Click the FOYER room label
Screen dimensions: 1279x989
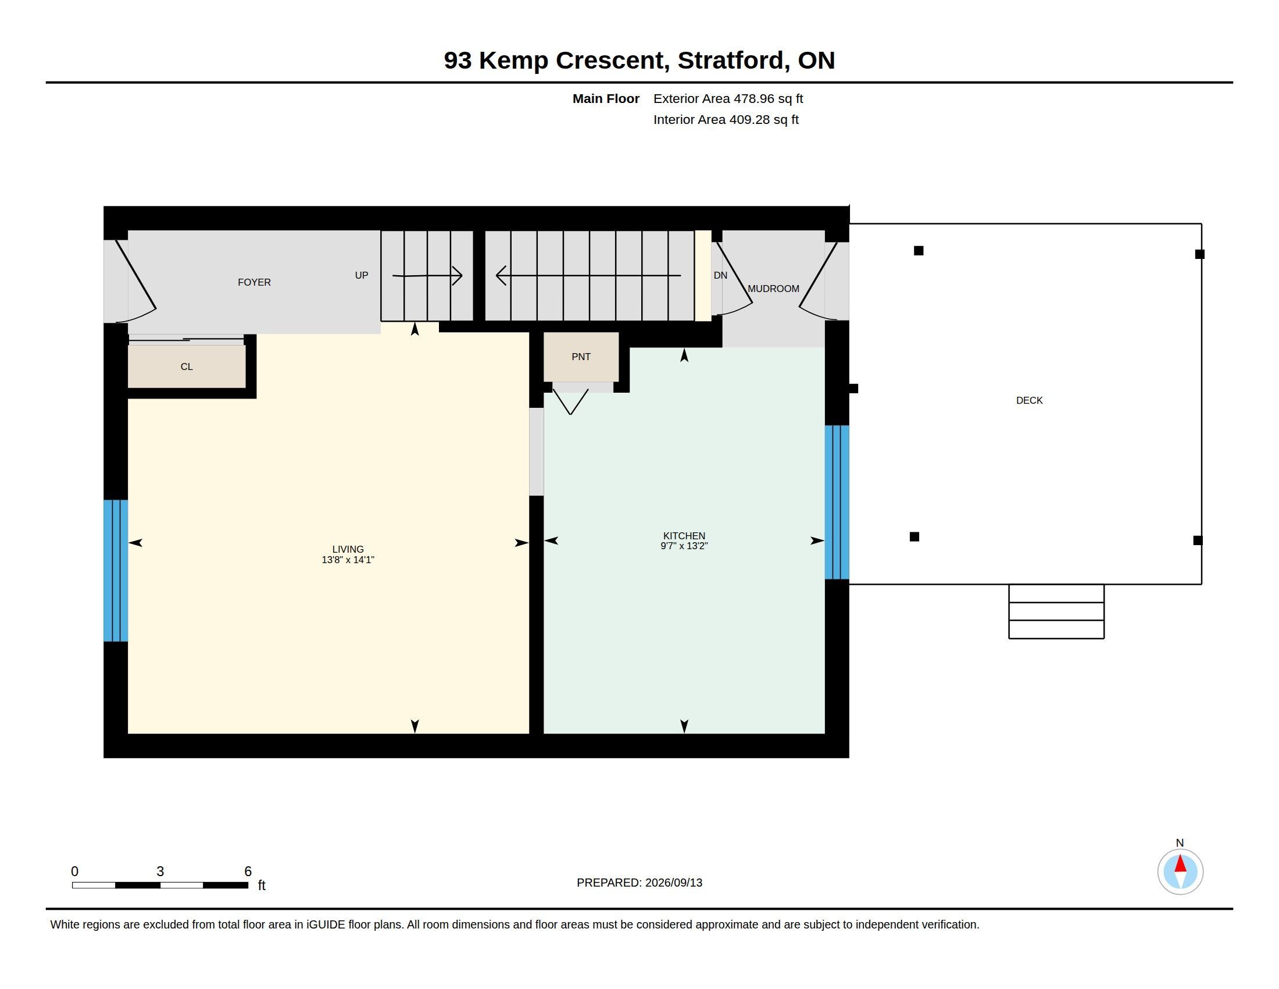254,282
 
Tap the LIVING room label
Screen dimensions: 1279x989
348,550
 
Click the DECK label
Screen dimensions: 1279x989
1029,401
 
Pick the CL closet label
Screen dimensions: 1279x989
186,367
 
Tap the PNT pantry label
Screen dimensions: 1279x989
581,357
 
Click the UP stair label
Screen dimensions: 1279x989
362,275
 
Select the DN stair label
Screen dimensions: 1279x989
720,275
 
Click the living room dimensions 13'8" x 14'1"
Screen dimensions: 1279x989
348,560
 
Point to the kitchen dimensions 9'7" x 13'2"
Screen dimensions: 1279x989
684,546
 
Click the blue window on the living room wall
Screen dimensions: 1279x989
116,571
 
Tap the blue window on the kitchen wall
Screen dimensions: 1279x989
837,502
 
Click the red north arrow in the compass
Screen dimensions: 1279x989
1180,863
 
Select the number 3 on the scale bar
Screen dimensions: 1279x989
160,871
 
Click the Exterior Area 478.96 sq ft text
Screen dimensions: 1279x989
728,99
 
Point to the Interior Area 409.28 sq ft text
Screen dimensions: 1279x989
726,120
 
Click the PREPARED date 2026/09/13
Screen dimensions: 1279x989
673,883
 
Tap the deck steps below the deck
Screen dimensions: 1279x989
1056,611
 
